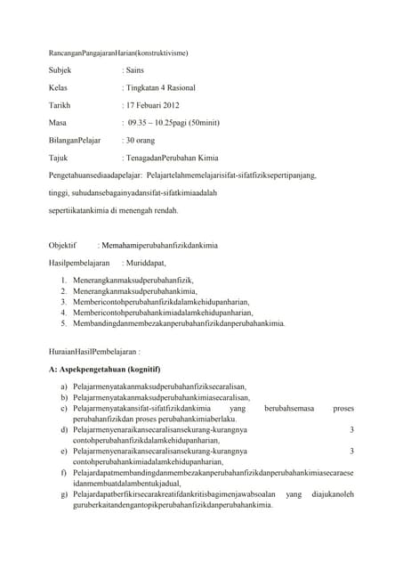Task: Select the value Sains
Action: (134, 69)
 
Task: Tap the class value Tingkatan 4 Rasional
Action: (161, 88)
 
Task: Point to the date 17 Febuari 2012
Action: (153, 106)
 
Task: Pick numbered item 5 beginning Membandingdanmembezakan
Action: (179, 324)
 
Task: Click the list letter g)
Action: (65, 494)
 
